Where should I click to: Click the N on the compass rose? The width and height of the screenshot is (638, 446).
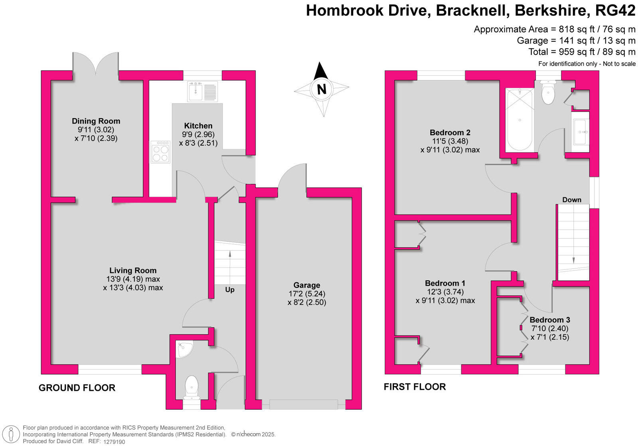[321, 89]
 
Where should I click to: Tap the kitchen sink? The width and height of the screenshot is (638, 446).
[203, 91]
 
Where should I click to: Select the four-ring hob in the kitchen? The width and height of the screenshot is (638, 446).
[160, 152]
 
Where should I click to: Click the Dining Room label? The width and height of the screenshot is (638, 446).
[96, 121]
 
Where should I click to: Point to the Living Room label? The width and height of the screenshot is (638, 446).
[133, 270]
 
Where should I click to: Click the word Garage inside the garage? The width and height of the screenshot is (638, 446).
[307, 285]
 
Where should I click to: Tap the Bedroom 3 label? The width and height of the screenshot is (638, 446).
[550, 320]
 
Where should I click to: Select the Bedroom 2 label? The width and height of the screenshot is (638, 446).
[450, 132]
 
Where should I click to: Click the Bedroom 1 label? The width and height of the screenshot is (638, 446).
[445, 283]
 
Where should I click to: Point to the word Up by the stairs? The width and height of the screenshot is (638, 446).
[230, 290]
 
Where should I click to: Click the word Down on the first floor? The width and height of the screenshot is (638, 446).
[572, 200]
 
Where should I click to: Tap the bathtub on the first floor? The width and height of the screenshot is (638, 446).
[520, 119]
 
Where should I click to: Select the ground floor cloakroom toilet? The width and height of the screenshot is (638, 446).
[191, 387]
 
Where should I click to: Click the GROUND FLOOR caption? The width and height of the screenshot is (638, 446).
[77, 388]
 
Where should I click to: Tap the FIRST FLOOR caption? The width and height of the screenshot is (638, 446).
[415, 387]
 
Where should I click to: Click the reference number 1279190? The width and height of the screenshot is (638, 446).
[114, 442]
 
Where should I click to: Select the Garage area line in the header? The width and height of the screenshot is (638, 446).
[576, 40]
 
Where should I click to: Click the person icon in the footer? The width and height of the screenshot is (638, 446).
[11, 434]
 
